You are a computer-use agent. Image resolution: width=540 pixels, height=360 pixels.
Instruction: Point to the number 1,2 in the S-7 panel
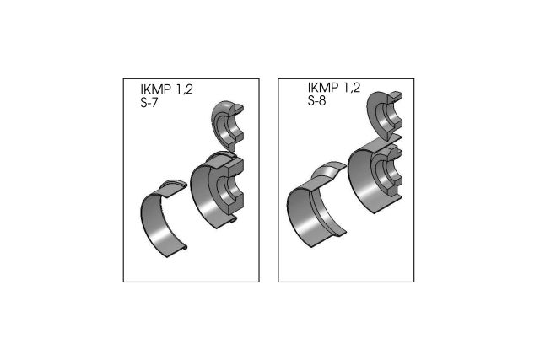192,89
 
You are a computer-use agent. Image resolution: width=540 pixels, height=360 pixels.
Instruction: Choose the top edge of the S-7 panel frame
191,79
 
